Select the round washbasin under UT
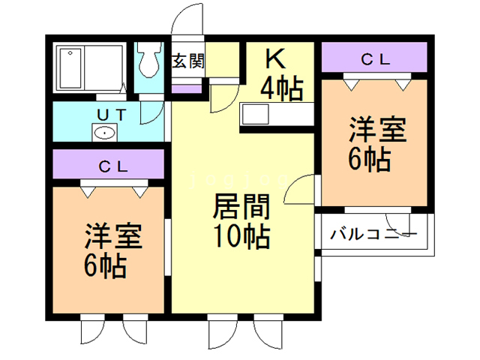click(x=104, y=133)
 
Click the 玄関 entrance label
click(x=187, y=61)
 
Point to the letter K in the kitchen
click(x=275, y=58)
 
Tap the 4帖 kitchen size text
click(x=281, y=88)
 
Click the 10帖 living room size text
click(x=240, y=237)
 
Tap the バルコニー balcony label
click(x=373, y=234)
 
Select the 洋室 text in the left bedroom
click(x=112, y=235)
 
